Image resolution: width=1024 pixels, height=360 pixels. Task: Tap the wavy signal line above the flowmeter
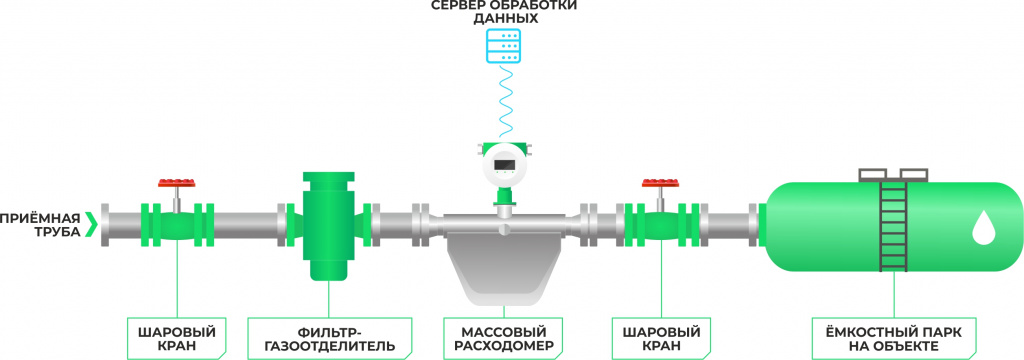click(506, 100)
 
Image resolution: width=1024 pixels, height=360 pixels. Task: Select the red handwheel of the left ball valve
click(177, 184)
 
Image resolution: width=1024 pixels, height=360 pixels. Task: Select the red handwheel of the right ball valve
click(660, 184)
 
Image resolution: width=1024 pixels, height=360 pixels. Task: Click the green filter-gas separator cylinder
click(328, 226)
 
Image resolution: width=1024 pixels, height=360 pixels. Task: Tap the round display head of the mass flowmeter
click(505, 164)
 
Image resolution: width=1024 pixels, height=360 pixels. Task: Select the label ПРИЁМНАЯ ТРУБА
click(40, 224)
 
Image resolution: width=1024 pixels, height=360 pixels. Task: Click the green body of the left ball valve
click(177, 226)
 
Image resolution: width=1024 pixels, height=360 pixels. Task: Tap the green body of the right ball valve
click(660, 226)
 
